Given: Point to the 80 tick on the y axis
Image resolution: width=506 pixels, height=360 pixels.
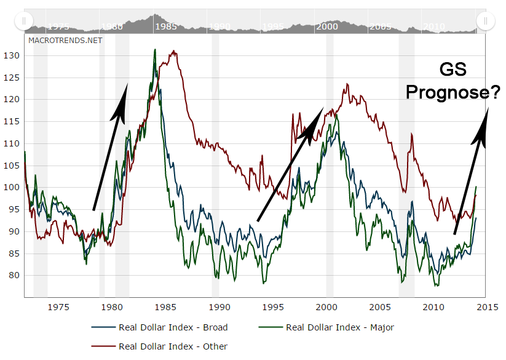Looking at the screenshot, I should (15, 275).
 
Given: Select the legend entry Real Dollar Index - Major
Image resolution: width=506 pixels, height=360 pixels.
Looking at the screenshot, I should (339, 327).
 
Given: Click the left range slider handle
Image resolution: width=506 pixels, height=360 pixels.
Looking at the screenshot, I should (23, 22).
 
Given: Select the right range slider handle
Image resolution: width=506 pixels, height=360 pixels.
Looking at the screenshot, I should (485, 22).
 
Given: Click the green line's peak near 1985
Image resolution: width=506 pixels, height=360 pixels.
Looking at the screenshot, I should (155, 50).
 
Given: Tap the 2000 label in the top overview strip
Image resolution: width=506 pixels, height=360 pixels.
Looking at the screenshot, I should (327, 27).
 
